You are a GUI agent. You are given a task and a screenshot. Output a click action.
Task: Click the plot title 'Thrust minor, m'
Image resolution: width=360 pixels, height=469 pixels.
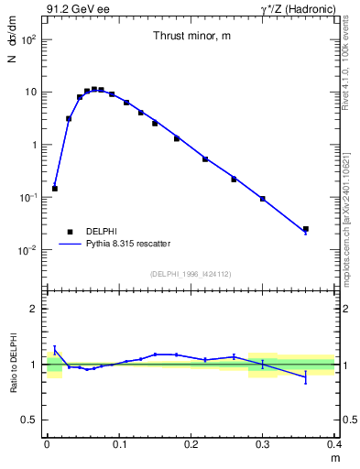(x=191, y=36)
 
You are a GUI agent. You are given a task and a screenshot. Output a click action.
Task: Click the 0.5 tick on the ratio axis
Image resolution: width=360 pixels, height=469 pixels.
(x=34, y=420)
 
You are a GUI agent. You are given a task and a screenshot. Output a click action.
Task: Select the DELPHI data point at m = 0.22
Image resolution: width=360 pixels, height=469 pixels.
(x=205, y=159)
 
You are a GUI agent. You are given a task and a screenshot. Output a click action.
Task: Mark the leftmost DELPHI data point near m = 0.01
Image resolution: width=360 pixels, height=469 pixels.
(x=55, y=189)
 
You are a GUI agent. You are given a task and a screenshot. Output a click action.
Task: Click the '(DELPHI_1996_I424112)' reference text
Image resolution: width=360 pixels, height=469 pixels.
(x=191, y=274)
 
